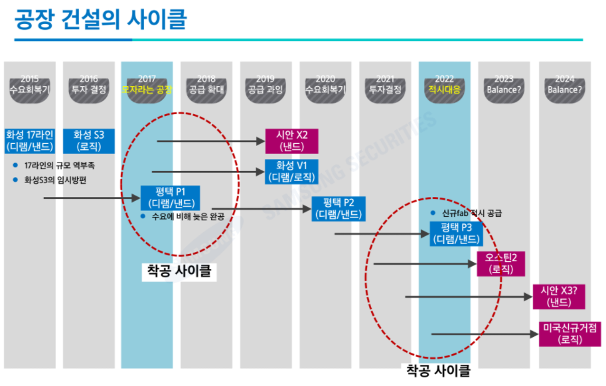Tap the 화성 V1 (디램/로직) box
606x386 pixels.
(291, 172)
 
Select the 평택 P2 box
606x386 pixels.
(339, 208)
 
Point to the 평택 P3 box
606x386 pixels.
(457, 233)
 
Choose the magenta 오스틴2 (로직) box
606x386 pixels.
(501, 263)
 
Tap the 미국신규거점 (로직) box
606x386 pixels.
(564, 334)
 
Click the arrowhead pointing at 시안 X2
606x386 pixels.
(261, 141)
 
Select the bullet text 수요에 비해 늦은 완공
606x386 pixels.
(187, 216)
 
